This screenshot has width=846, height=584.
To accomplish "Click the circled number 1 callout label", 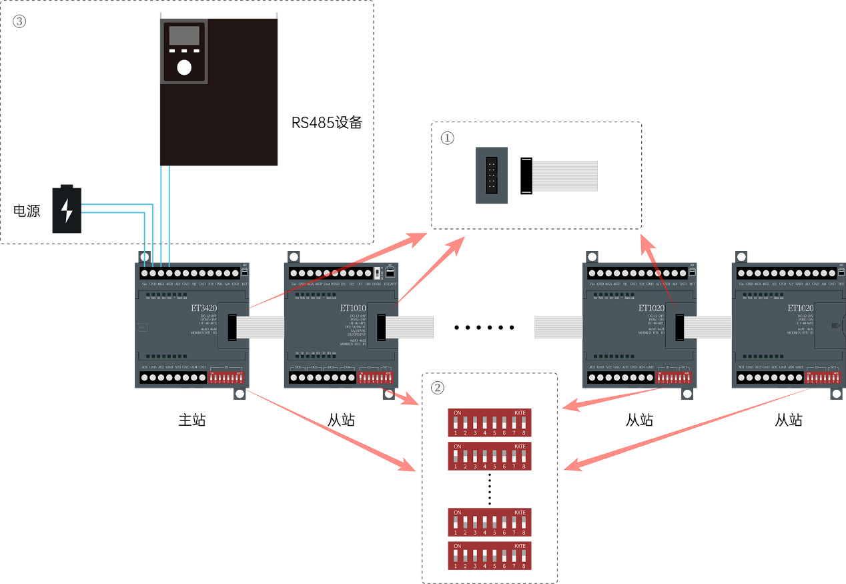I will click(x=448, y=138).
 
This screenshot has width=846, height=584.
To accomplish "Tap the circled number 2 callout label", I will click(x=438, y=388).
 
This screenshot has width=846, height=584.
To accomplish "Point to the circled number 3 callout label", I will click(x=19, y=21).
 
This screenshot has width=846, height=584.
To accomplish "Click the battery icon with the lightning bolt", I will click(x=67, y=210).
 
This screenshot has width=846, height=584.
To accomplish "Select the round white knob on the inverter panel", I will click(x=184, y=67).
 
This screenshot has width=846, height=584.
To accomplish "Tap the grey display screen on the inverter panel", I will click(x=184, y=35).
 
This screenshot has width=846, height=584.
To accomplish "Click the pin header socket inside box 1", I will click(x=491, y=176).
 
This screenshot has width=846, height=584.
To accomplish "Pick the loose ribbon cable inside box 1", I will click(x=564, y=176).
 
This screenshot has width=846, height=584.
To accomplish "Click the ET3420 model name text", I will click(x=203, y=308).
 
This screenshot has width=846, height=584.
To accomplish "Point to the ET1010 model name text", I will click(x=352, y=308).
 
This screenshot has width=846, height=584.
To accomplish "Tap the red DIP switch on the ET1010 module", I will click(x=376, y=378).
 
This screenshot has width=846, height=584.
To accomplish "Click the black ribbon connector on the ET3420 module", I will click(x=232, y=326).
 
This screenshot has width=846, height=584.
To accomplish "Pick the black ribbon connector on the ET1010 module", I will click(x=381, y=326).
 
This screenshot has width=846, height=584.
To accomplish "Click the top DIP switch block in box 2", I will click(x=490, y=422).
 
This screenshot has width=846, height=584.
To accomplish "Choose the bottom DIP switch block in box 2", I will click(x=490, y=555).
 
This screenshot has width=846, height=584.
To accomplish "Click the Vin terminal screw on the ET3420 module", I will click(x=145, y=274).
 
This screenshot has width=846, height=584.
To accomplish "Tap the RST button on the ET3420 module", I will click(x=244, y=272).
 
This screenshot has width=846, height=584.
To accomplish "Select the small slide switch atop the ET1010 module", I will click(x=378, y=273).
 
